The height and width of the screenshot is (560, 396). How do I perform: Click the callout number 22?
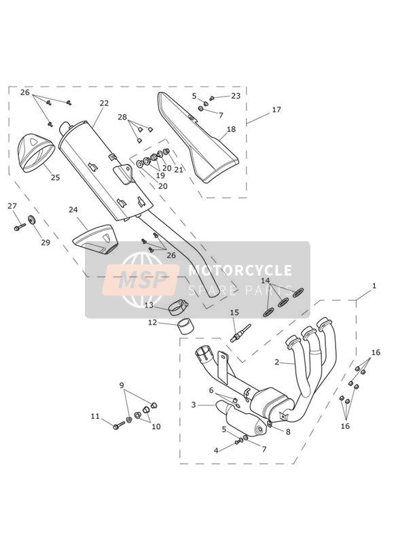click(x=104, y=103)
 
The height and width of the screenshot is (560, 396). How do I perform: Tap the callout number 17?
click(x=276, y=109)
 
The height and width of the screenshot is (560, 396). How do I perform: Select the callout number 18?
click(x=232, y=129)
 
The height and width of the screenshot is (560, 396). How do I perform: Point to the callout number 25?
click(x=55, y=177)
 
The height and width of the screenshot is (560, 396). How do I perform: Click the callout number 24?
click(x=73, y=209)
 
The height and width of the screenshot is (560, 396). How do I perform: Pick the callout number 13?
click(x=149, y=305)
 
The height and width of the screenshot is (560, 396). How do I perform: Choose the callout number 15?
click(x=234, y=313)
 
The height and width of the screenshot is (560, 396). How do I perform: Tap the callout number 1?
click(x=374, y=285)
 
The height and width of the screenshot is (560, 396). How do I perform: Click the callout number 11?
click(x=95, y=416)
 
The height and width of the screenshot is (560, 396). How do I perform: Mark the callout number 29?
click(x=46, y=243)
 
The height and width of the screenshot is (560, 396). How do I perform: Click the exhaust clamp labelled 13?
click(x=178, y=307)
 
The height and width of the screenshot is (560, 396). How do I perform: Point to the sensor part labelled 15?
click(x=241, y=333)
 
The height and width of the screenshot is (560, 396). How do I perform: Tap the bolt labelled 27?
click(x=19, y=227)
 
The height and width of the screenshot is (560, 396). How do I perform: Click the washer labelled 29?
click(x=32, y=220)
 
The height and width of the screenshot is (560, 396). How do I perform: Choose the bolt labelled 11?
click(x=119, y=425)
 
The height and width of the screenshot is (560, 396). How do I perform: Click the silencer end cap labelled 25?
click(x=36, y=152)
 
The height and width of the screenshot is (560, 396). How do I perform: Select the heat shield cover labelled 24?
click(x=94, y=239)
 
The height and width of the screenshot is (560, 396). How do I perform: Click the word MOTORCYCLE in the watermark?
click(x=240, y=270)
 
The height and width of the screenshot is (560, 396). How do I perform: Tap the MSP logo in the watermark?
click(x=141, y=279)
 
